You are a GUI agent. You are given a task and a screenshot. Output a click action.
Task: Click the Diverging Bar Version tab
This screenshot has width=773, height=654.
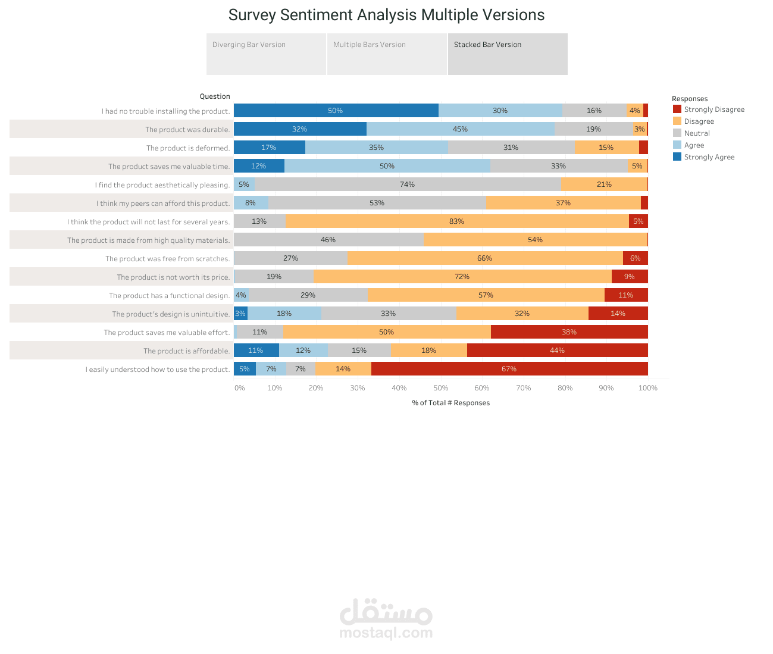[x=266, y=54]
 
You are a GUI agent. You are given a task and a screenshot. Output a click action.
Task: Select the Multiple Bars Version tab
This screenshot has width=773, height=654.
[x=387, y=54]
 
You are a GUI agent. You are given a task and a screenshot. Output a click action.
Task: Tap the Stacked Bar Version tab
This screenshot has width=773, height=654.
[x=508, y=54]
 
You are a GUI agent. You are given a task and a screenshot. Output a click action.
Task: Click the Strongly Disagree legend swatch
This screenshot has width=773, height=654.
[x=677, y=109]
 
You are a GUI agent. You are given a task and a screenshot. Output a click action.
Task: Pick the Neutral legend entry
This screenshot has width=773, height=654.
[x=697, y=133]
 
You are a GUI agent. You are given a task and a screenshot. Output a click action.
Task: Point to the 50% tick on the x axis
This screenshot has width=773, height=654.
[x=440, y=388]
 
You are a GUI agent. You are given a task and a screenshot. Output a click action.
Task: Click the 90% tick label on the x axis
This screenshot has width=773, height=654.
[x=606, y=388]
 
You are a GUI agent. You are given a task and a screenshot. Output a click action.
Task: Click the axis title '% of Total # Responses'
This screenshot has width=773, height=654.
[x=451, y=403]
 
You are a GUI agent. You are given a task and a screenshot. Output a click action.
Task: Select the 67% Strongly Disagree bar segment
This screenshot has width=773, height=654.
[x=509, y=369]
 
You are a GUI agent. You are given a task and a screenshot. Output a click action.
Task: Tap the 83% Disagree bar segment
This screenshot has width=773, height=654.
[x=457, y=221]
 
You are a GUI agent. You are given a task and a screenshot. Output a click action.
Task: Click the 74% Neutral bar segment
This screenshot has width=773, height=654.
[x=408, y=184]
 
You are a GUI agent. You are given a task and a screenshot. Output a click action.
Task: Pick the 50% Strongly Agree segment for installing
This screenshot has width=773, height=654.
[x=336, y=111]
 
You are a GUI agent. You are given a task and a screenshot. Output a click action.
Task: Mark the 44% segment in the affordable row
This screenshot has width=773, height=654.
[x=558, y=351]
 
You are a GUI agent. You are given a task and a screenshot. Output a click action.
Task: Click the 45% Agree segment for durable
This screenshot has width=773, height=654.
[x=460, y=129]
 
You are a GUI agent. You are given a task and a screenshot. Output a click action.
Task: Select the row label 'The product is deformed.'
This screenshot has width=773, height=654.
[x=188, y=148]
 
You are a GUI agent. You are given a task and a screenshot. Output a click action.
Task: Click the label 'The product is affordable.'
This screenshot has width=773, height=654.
[x=186, y=351]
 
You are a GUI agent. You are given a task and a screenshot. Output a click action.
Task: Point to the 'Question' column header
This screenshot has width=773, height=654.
[x=215, y=96]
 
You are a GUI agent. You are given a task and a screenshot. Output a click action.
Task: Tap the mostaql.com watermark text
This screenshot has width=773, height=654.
[x=386, y=633]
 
